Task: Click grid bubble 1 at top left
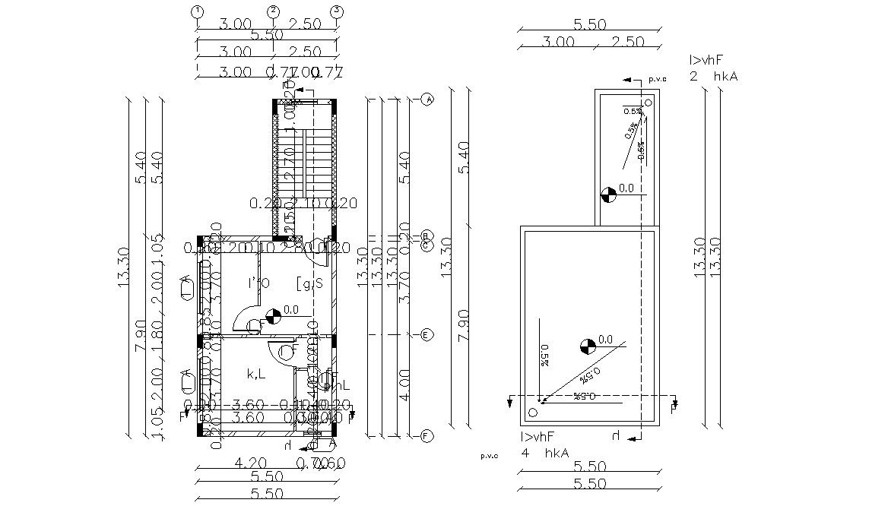click(198, 11)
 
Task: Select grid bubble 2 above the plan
click(273, 11)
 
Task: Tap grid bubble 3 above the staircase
click(338, 11)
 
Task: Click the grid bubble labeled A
click(427, 100)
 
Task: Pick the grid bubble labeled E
click(427, 335)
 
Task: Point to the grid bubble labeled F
click(427, 436)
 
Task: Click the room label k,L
click(255, 373)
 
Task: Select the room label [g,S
click(309, 283)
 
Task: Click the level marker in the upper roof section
click(607, 194)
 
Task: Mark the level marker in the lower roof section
click(587, 346)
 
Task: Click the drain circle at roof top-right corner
click(649, 103)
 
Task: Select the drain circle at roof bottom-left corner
click(532, 413)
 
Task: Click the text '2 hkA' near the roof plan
click(713, 76)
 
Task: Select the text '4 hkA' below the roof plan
click(544, 453)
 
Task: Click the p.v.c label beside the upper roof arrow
click(657, 79)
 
